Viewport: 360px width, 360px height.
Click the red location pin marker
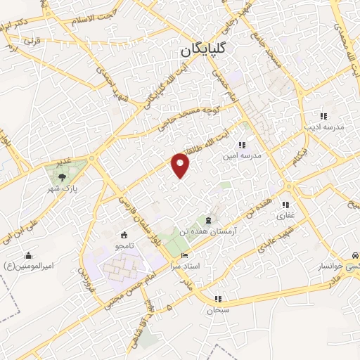click(x=181, y=164)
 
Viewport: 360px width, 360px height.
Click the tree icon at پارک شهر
click(x=63, y=177)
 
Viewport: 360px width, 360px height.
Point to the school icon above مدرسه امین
click(x=243, y=144)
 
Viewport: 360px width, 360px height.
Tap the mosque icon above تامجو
click(x=124, y=235)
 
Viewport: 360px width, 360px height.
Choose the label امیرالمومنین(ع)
click(x=27, y=265)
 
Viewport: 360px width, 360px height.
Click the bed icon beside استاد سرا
click(x=185, y=255)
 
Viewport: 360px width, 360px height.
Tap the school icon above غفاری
click(x=285, y=205)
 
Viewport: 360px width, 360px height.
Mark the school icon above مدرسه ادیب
click(x=323, y=116)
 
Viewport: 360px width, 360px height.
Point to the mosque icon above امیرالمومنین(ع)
click(x=28, y=255)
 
